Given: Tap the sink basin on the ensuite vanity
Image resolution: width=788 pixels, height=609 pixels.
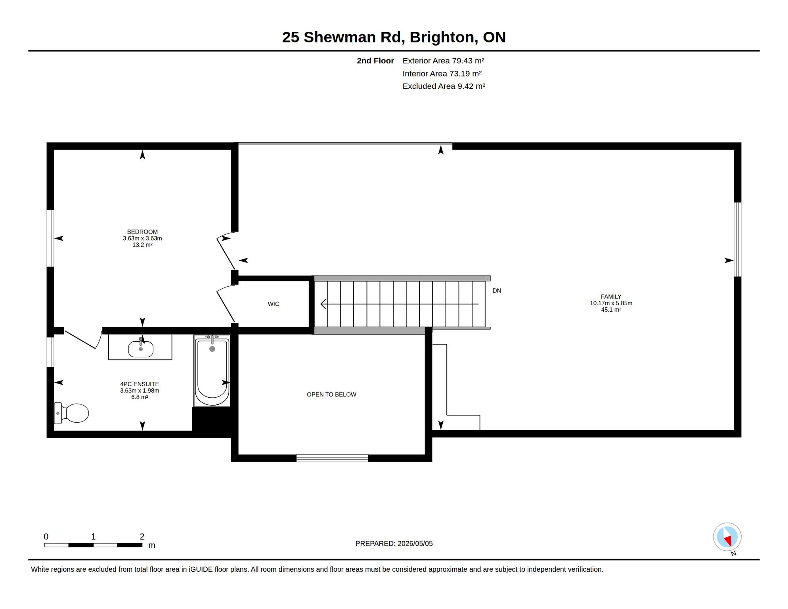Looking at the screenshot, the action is coord(141,349).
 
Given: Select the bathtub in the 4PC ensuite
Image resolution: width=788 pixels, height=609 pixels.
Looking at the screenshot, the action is coord(212,370).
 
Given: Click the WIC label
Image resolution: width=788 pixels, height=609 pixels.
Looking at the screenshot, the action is coord(274,304).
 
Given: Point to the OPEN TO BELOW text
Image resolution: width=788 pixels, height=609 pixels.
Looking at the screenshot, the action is coord(331,395).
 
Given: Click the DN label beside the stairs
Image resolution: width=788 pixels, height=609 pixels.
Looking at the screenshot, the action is coord(497,291).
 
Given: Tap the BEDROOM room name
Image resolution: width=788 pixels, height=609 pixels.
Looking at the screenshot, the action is coord(142,232).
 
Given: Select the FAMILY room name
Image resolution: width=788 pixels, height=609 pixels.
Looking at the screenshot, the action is coord(611,297).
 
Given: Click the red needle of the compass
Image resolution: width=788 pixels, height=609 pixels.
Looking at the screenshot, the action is coord(728,540).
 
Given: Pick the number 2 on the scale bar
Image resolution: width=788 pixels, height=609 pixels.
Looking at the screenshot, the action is coord(142,536).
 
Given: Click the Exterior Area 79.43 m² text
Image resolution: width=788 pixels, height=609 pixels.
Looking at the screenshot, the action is coord(444,61).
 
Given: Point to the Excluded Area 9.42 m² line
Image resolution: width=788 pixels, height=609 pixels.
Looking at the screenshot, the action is coord(444,86).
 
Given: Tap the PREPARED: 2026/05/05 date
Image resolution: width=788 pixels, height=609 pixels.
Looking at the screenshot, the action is coord(394,544).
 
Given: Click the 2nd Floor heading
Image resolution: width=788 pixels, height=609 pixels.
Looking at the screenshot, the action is coord(375,61).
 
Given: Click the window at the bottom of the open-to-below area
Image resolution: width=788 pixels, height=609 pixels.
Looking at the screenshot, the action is coord(332,458).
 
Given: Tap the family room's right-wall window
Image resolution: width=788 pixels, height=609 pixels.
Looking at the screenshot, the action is coord(738,239).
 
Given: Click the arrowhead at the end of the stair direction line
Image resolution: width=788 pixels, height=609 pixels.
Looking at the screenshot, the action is coord(323,304).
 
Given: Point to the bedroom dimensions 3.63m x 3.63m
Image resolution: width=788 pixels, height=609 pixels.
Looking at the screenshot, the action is coord(142,238).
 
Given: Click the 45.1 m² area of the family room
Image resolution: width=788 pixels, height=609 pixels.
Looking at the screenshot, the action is coord(611,310).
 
